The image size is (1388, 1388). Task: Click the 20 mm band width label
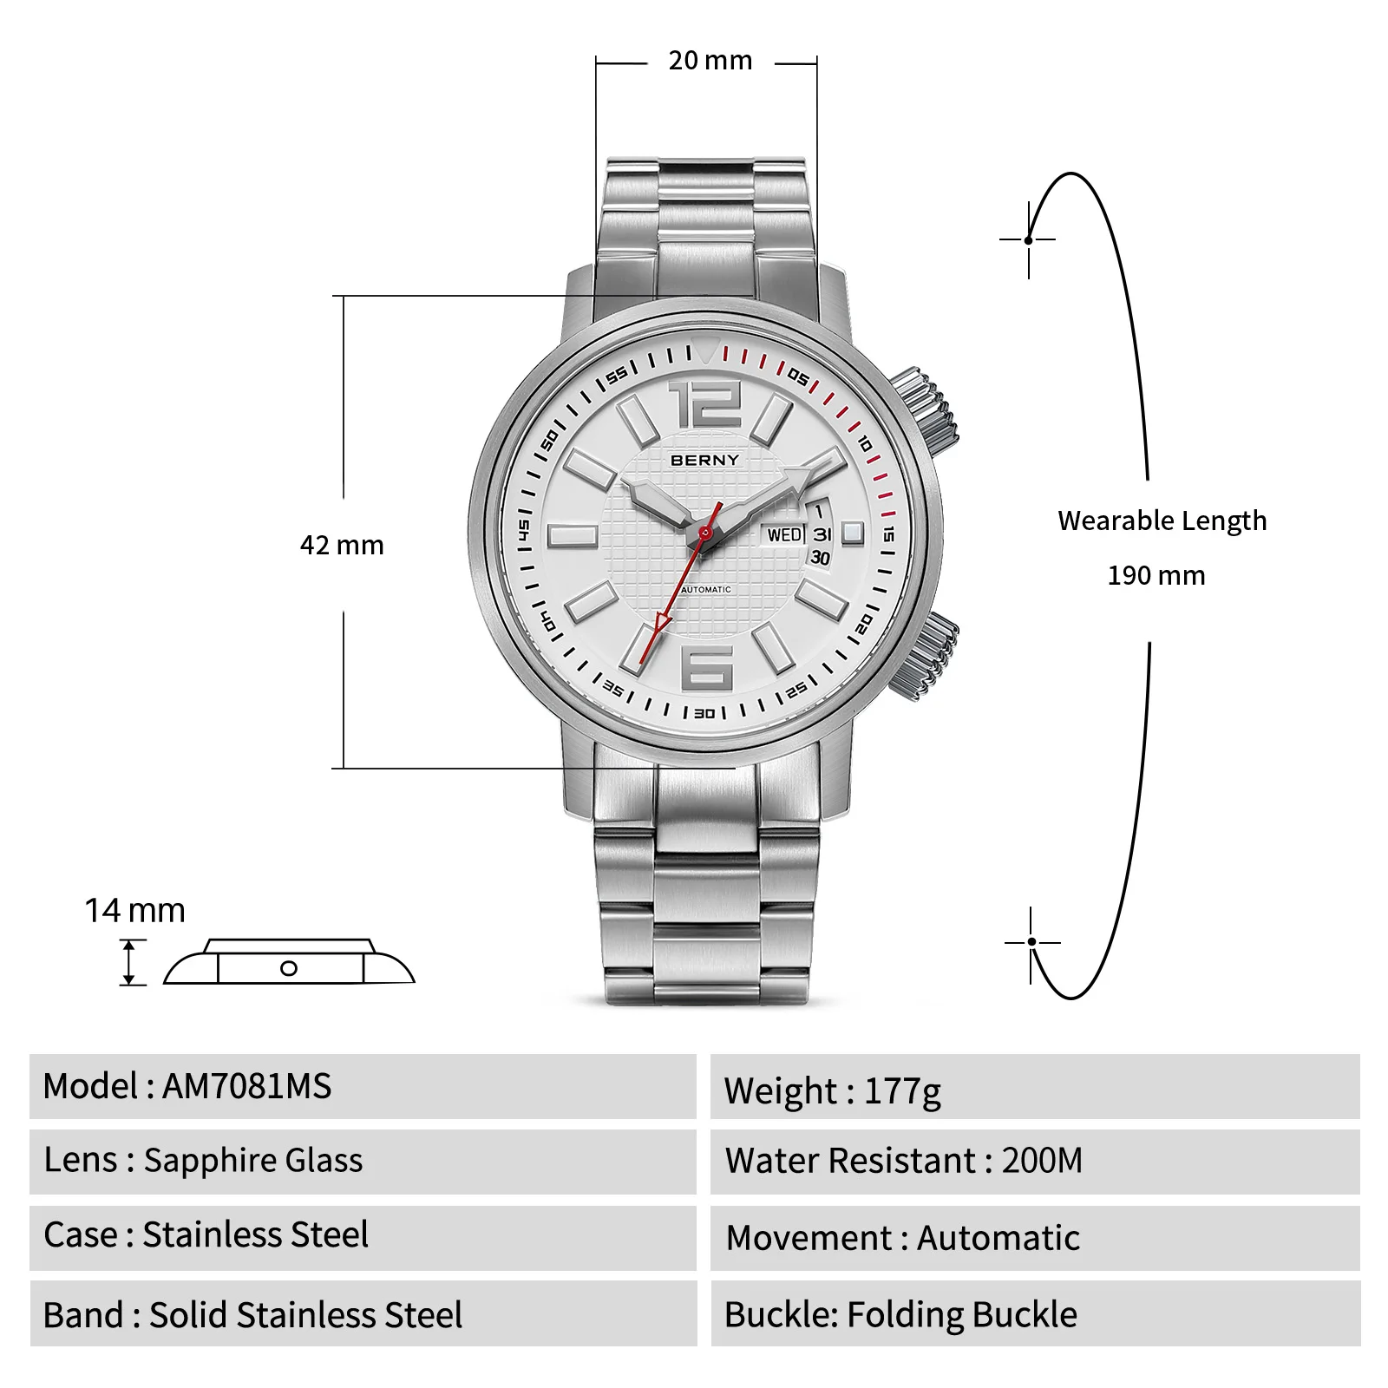[710, 61]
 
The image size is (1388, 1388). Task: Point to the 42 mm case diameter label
[342, 545]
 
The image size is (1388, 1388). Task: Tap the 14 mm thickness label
[134, 911]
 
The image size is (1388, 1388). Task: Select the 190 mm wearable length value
[1156, 575]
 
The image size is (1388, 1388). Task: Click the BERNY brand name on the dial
[704, 460]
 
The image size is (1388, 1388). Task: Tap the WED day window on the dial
[784, 534]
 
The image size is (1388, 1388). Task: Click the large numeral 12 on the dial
[705, 403]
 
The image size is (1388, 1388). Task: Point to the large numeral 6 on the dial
[708, 667]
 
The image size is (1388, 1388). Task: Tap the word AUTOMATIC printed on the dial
[706, 590]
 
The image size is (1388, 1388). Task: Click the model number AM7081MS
[247, 1086]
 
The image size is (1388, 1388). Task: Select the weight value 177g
[902, 1090]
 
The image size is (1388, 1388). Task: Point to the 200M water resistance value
[1042, 1161]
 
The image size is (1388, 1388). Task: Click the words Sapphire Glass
[253, 1161]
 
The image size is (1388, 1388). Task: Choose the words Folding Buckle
[962, 1315]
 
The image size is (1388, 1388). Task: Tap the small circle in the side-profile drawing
[289, 968]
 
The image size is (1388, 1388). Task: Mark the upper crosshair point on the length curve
[1029, 239]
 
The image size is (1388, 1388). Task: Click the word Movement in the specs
[809, 1238]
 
